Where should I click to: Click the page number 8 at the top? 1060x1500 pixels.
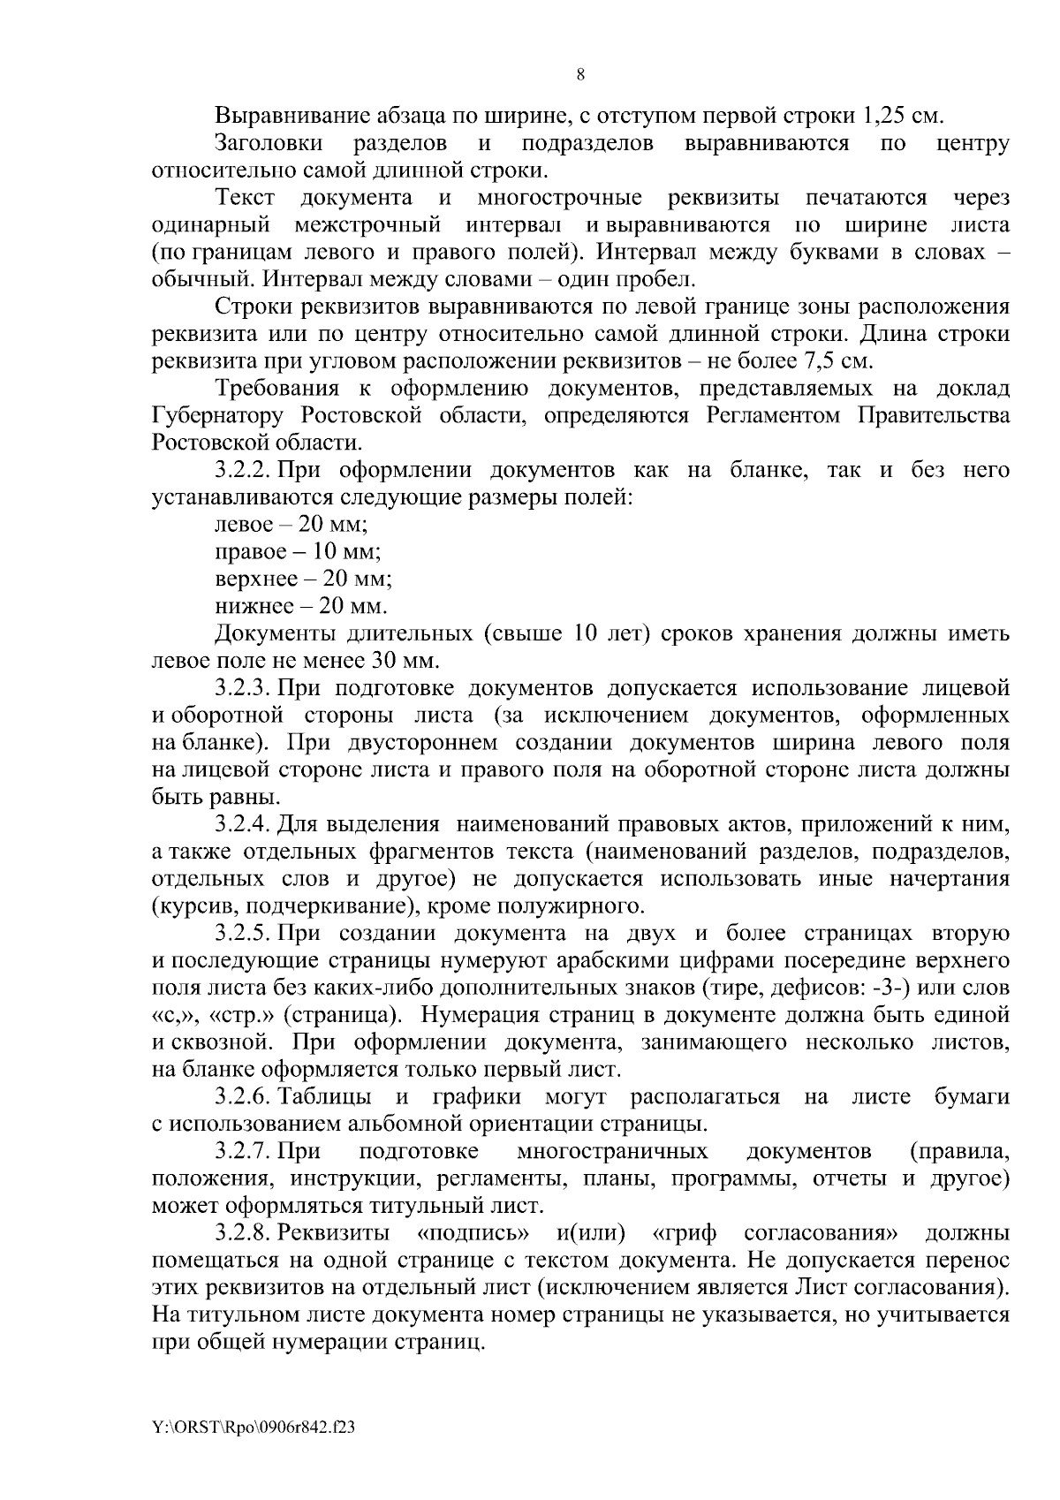click(579, 74)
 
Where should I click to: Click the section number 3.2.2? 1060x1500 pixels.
click(244, 470)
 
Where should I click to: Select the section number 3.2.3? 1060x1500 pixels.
click(244, 688)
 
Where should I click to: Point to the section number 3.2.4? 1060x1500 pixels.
click(244, 825)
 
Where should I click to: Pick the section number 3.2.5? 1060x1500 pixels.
click(244, 934)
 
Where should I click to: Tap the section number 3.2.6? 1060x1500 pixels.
click(244, 1097)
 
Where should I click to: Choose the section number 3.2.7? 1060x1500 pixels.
click(244, 1152)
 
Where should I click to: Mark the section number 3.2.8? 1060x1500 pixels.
click(244, 1233)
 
